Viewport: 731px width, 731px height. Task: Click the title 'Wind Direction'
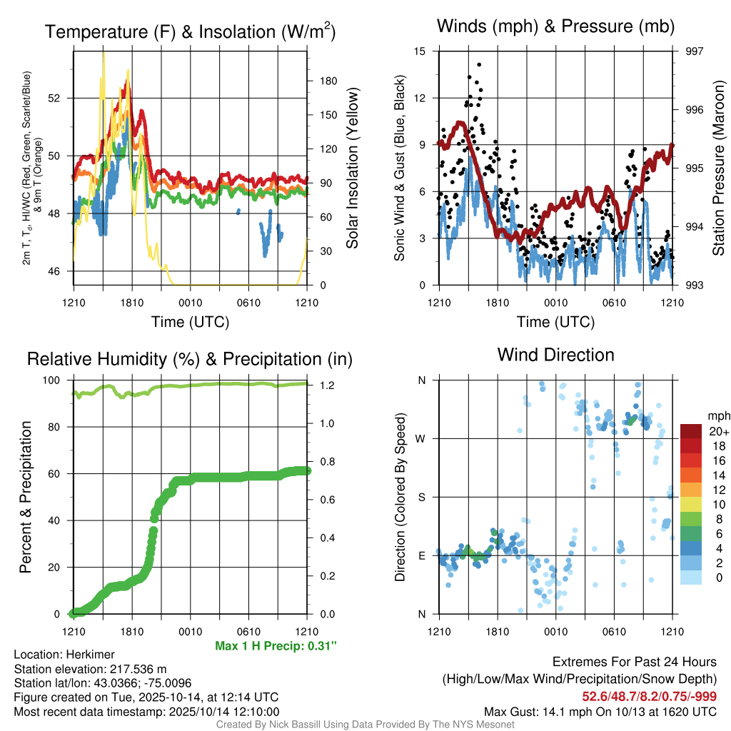(x=555, y=355)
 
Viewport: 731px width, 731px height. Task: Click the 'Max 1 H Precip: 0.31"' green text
(x=276, y=646)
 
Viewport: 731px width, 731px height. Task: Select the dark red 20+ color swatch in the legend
(x=692, y=431)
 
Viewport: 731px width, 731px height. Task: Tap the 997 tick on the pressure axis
(x=684, y=51)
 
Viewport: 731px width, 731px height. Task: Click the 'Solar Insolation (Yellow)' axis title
(x=352, y=168)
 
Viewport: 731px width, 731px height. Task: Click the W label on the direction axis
(x=421, y=438)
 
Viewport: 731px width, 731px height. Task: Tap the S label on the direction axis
(x=422, y=497)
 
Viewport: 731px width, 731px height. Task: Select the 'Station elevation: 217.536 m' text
(x=90, y=669)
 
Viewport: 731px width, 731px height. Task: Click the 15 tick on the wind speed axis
(x=419, y=51)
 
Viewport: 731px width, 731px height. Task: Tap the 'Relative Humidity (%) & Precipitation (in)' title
(x=189, y=359)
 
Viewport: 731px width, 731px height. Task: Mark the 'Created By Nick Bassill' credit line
(x=365, y=725)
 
